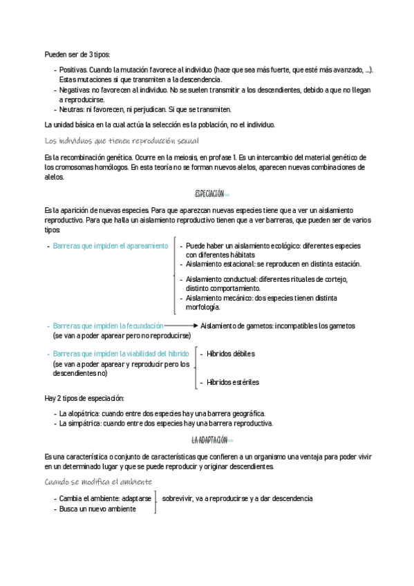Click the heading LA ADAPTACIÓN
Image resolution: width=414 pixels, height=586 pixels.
(209, 439)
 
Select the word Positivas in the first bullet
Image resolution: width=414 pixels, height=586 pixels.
(73, 70)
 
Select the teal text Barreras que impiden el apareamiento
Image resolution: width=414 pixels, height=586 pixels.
(110, 245)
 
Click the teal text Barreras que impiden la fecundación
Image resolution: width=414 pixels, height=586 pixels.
(108, 325)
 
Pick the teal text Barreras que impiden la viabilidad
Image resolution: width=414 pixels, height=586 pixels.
(116, 354)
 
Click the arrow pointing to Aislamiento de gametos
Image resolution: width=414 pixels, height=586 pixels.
(181, 325)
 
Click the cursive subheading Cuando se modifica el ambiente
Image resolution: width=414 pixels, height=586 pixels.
(98, 482)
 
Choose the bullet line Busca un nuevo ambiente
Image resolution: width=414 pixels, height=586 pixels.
(97, 509)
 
